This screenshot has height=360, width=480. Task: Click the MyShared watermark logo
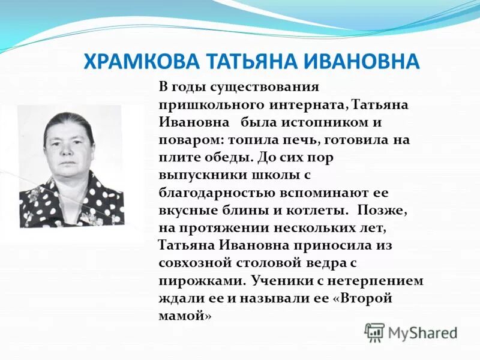(x=411, y=332)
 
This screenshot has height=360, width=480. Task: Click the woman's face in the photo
(x=70, y=147)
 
